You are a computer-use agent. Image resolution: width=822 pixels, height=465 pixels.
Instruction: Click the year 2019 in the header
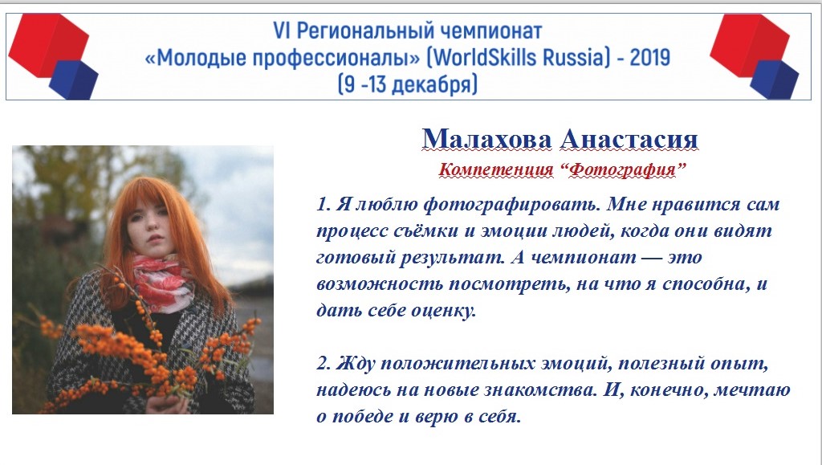[x=649, y=57]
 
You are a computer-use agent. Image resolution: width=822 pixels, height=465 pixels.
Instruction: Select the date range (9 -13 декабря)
[x=408, y=84]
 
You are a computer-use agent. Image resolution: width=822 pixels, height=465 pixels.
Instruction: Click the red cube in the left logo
[x=47, y=44]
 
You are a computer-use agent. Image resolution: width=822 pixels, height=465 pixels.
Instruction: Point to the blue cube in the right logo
[x=775, y=80]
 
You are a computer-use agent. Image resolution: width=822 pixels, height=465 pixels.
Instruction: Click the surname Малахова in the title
[x=487, y=140]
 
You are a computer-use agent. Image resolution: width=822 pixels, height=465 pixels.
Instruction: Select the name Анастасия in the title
[x=629, y=140]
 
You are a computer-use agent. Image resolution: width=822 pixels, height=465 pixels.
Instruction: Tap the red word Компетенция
[x=496, y=169]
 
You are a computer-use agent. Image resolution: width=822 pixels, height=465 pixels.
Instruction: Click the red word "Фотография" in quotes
[x=623, y=169]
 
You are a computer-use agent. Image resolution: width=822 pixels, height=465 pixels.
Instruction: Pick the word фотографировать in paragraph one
[x=511, y=205]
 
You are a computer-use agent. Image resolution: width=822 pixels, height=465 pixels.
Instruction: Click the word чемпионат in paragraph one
[x=584, y=258]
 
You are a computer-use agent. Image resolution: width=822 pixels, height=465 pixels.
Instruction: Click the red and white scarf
[x=162, y=282]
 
